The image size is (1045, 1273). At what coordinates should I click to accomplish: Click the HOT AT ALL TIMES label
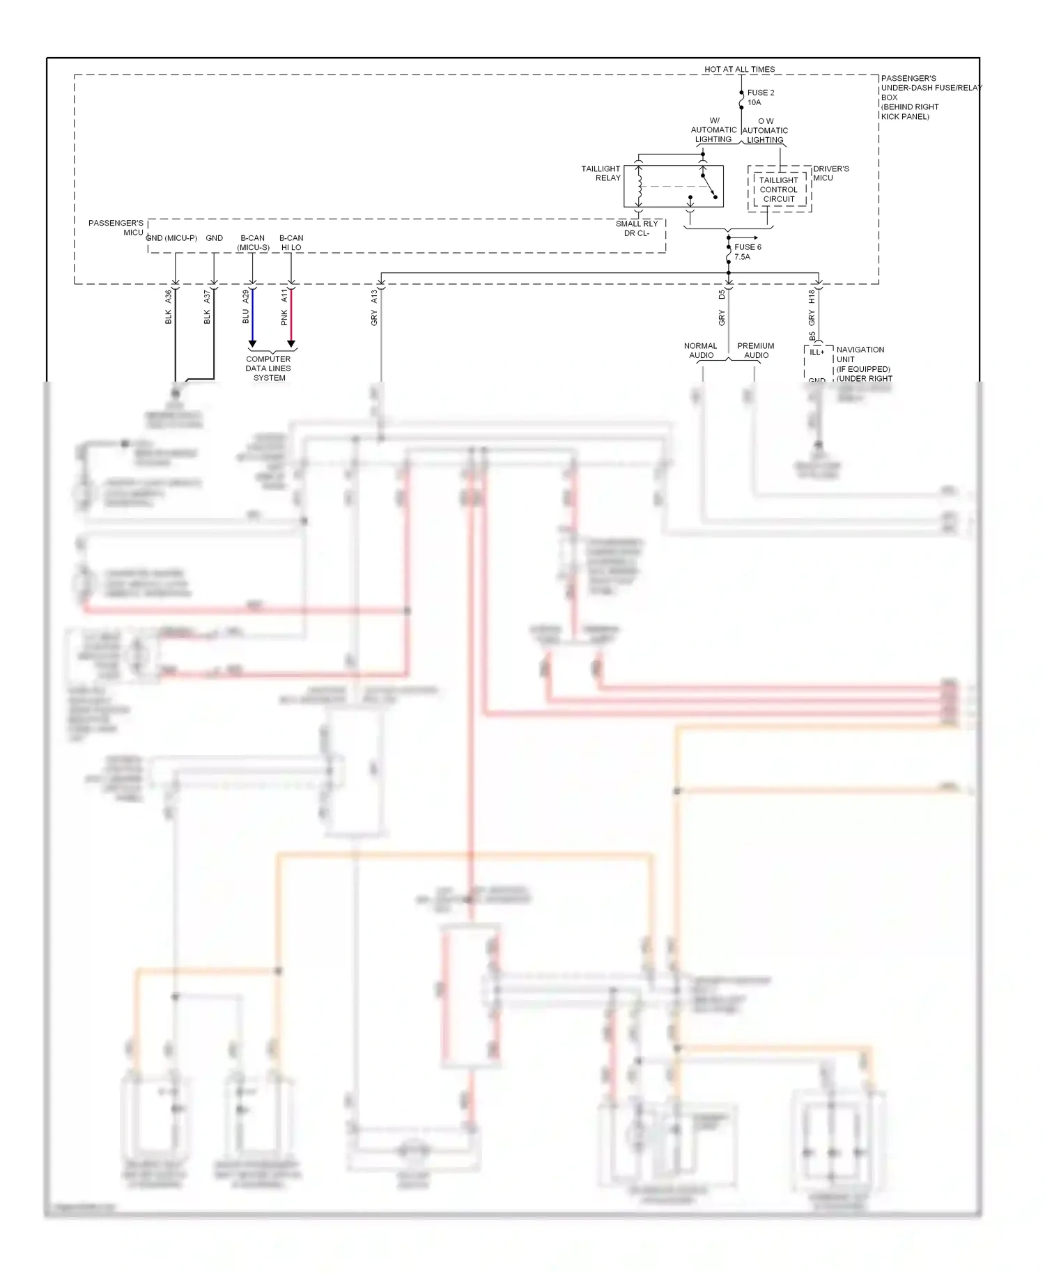tap(739, 70)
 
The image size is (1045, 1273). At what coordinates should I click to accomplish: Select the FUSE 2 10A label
tap(760, 97)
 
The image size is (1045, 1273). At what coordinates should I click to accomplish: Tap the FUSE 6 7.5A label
tap(747, 252)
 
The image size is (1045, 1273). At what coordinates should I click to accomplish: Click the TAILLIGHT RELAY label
tap(601, 173)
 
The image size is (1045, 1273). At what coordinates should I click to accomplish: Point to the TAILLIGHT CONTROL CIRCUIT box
tap(779, 189)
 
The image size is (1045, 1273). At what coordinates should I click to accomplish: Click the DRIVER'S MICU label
tap(830, 173)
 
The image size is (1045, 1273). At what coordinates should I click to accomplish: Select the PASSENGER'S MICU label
tap(116, 228)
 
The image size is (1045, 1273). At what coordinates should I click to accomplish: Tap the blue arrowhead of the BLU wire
tap(252, 344)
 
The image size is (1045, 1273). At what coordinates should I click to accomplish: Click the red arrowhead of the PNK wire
tap(291, 344)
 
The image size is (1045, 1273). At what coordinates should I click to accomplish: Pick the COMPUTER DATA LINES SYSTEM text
tap(268, 368)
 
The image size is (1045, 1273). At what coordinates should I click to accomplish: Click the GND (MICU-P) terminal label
tap(171, 238)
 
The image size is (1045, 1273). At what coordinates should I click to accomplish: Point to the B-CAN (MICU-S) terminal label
tap(253, 242)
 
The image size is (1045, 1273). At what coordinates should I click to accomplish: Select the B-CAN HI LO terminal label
tap(291, 242)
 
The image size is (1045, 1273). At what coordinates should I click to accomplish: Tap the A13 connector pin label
tap(374, 297)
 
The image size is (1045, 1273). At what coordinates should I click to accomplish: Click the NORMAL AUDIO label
tap(701, 350)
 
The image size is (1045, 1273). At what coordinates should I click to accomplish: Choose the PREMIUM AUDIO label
tap(756, 350)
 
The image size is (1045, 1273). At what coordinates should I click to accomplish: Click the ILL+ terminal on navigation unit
tap(816, 352)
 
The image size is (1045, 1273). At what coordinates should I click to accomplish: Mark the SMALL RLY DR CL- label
tap(636, 228)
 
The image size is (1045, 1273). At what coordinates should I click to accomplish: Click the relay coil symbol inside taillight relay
tap(639, 186)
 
